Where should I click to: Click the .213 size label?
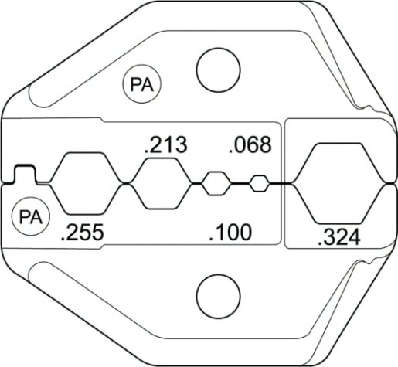(x=166, y=144)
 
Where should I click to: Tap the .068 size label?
(x=250, y=144)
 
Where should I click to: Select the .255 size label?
(x=83, y=232)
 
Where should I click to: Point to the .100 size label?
(x=230, y=232)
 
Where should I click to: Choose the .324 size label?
(x=339, y=237)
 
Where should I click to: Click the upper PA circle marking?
(x=141, y=84)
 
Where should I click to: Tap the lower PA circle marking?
(x=31, y=216)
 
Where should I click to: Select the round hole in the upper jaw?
(x=218, y=70)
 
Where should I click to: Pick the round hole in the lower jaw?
(x=218, y=296)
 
